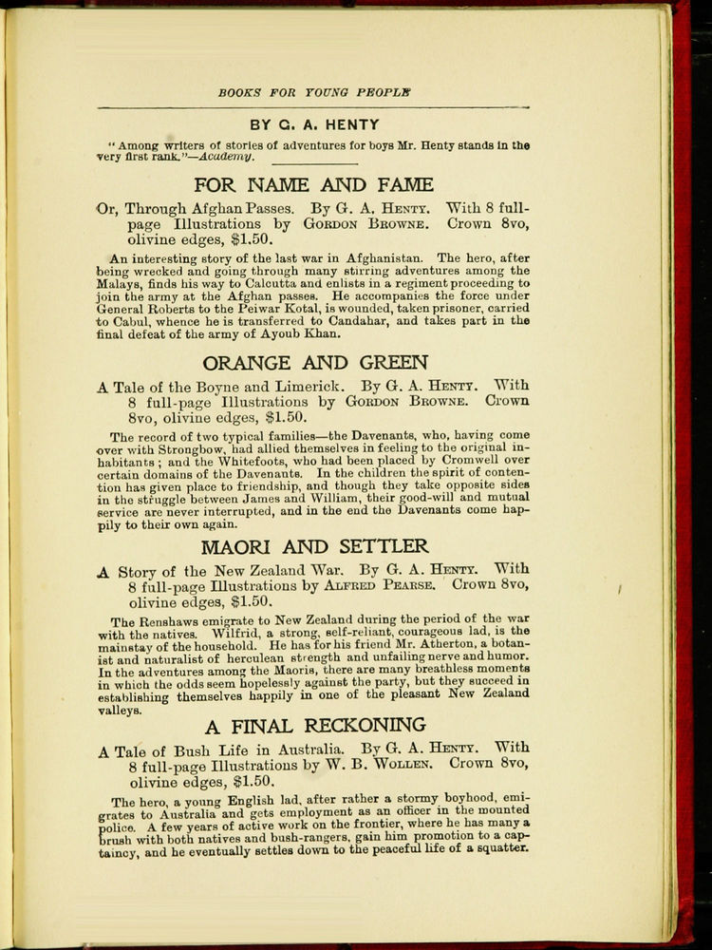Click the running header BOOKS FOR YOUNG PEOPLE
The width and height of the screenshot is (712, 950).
(314, 93)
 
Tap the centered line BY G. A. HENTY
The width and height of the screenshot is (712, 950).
(314, 124)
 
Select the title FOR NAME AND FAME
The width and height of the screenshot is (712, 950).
(313, 185)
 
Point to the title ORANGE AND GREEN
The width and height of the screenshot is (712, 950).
(314, 362)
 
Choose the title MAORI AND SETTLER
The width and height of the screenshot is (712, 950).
(314, 546)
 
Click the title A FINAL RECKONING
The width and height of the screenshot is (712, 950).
(314, 727)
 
